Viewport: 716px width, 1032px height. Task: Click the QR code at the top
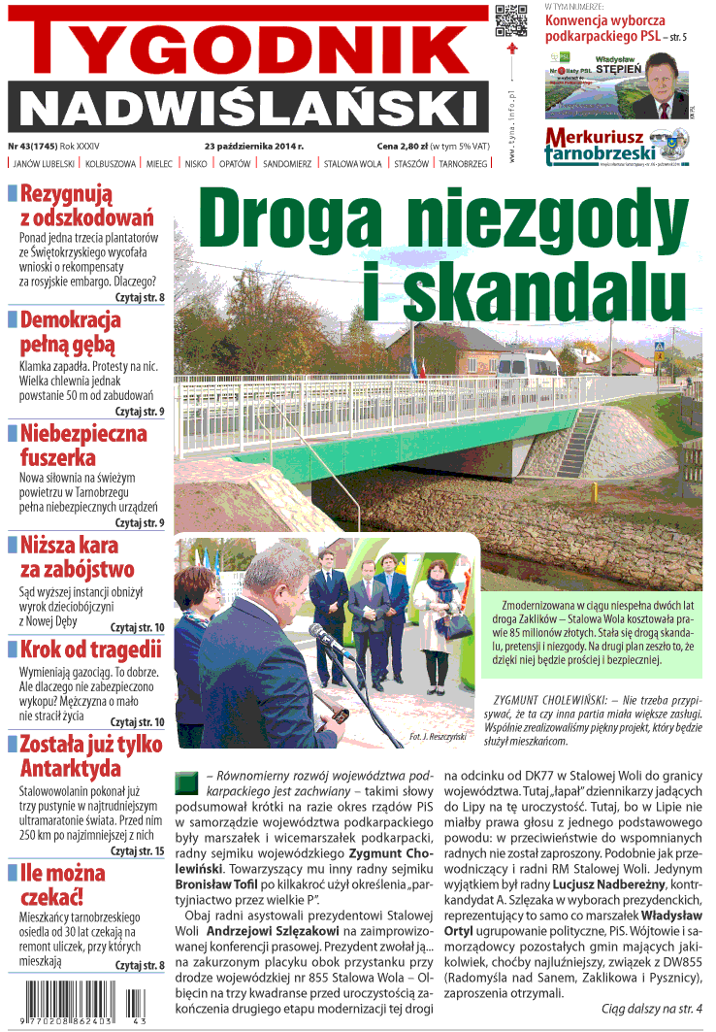coord(511,21)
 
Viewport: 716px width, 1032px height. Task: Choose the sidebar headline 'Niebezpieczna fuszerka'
coord(83,445)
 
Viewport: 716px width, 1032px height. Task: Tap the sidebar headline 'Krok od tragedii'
coord(90,649)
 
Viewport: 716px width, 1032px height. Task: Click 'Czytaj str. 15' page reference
coord(137,850)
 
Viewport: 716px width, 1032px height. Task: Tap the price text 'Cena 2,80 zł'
coord(402,145)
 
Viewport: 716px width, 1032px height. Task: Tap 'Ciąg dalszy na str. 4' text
coord(650,1008)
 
